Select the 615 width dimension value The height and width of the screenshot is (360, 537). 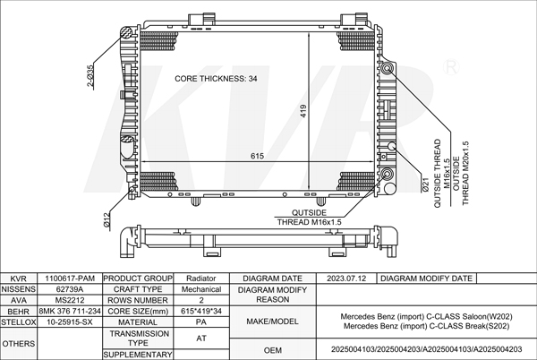pos(258,156)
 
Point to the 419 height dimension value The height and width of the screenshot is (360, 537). pos(304,111)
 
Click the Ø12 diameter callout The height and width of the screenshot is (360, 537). pos(107,218)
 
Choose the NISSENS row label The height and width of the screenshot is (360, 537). pos(18,290)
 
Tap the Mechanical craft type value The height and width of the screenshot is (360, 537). pos(200,290)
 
